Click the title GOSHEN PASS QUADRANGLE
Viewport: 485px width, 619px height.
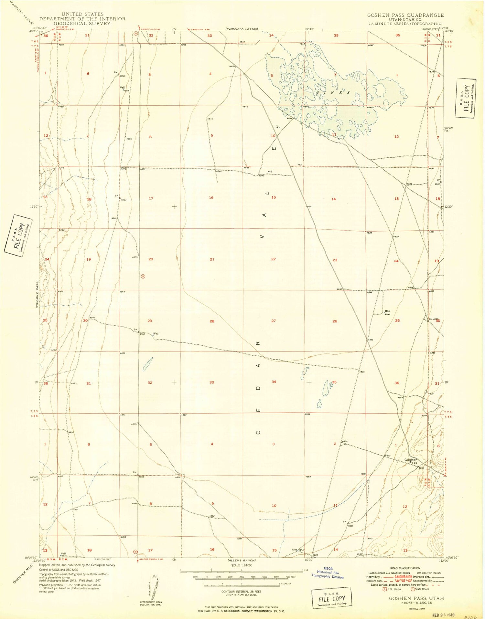pos(405,15)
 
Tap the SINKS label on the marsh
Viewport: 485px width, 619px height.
pos(333,92)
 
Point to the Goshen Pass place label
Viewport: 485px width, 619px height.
pos(411,461)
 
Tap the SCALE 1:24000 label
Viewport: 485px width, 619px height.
pos(242,565)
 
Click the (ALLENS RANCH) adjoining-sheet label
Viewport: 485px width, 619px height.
pos(242,560)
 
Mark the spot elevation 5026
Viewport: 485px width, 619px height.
pos(62,230)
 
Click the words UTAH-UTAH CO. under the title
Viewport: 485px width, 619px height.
pos(405,19)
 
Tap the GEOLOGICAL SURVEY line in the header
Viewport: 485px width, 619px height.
pos(82,23)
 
